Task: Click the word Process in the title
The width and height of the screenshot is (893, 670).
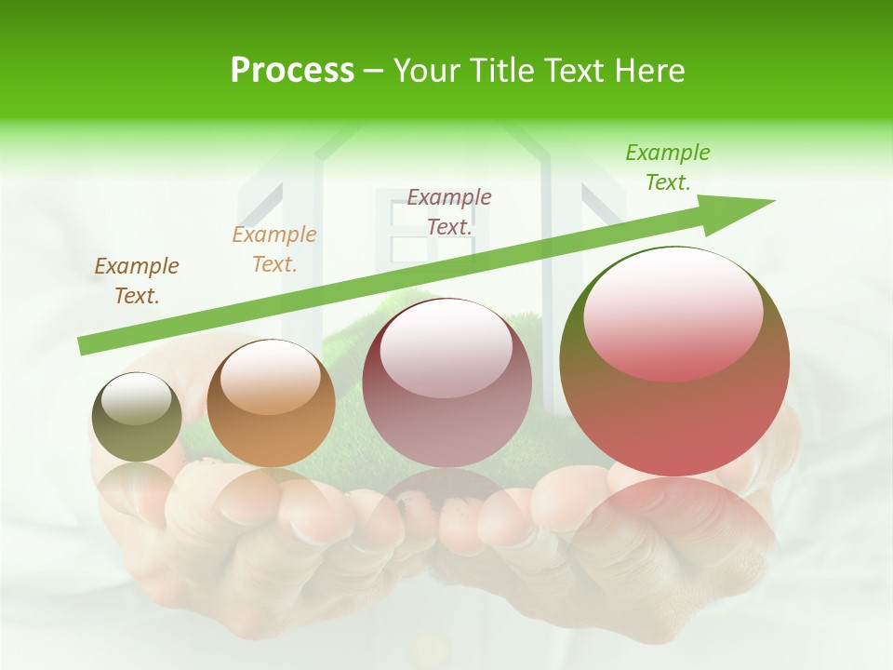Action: (292, 71)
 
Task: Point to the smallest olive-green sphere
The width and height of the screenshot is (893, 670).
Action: (137, 417)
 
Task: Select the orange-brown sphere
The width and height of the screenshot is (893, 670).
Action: (271, 405)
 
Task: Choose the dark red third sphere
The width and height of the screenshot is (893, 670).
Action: (446, 383)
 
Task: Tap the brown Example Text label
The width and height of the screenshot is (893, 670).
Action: (137, 280)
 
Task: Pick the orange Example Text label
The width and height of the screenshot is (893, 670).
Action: (274, 249)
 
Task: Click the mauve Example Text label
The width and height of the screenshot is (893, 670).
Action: (449, 211)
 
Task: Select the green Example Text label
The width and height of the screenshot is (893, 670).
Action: (668, 167)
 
